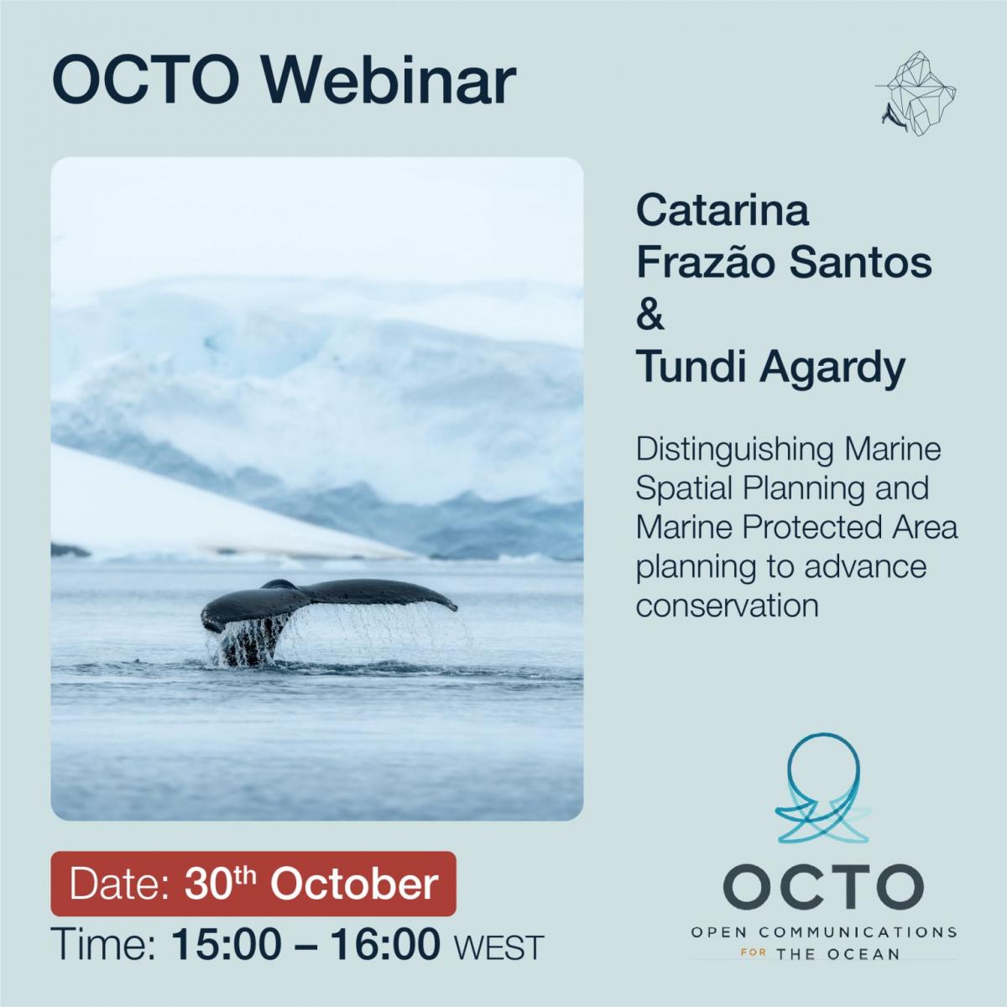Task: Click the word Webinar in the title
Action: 389,82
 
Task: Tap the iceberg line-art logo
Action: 916,93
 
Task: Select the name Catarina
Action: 723,211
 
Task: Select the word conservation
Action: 727,607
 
